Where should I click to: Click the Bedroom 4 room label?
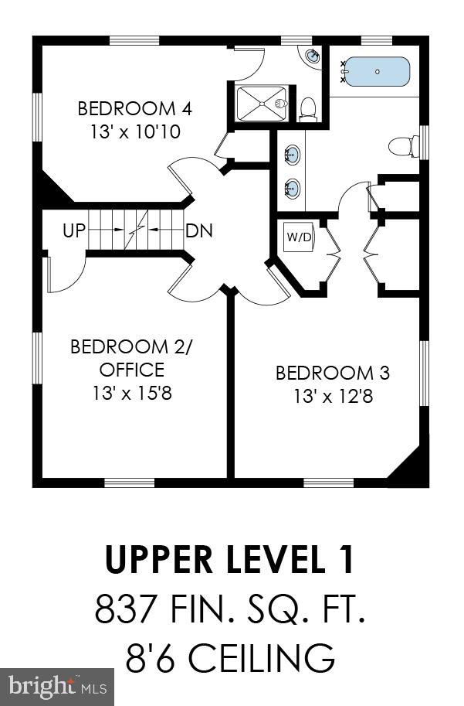[135, 107]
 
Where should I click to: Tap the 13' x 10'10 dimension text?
[135, 131]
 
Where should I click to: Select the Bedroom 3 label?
[333, 373]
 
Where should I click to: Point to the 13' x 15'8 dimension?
[132, 393]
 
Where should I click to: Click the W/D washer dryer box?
[299, 237]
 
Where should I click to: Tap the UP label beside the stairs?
[74, 230]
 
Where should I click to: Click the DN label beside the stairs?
[199, 230]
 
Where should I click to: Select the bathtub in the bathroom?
[377, 72]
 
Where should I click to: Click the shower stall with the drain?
[261, 103]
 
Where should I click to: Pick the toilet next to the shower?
[309, 108]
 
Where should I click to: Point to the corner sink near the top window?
[312, 56]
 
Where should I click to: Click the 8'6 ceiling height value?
[151, 659]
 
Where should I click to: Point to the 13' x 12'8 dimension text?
[333, 397]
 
